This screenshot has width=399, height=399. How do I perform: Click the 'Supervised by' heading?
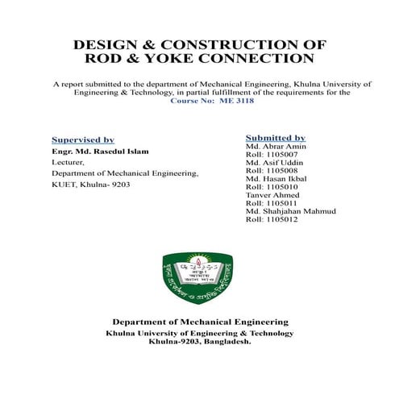tap(82, 139)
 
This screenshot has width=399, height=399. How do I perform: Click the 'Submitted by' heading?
tap(275, 138)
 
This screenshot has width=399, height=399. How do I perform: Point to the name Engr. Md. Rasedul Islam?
tap(100, 151)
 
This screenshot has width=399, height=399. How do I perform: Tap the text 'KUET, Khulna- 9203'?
tap(90, 185)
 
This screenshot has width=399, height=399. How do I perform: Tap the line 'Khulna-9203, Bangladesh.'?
tap(200, 341)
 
